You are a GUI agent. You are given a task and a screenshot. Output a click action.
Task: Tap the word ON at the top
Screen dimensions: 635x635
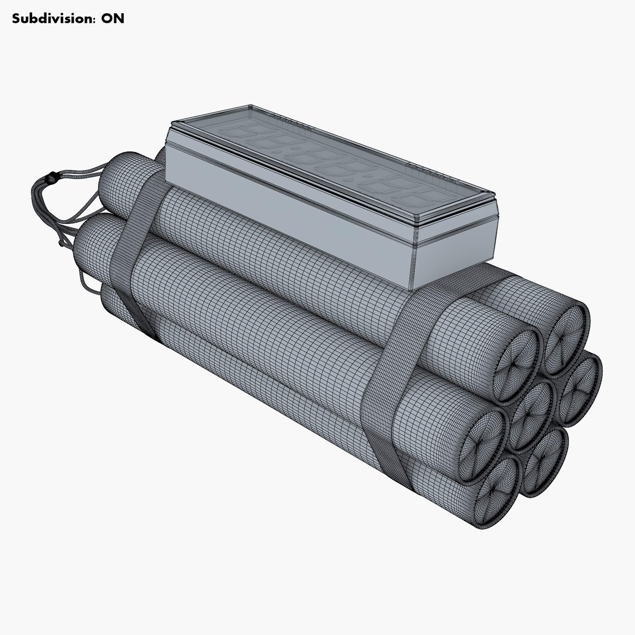click(x=112, y=19)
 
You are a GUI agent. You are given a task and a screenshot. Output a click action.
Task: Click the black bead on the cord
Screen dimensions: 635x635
click(x=50, y=178)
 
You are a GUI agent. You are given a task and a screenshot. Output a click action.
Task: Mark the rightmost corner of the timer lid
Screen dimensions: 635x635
click(x=494, y=193)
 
